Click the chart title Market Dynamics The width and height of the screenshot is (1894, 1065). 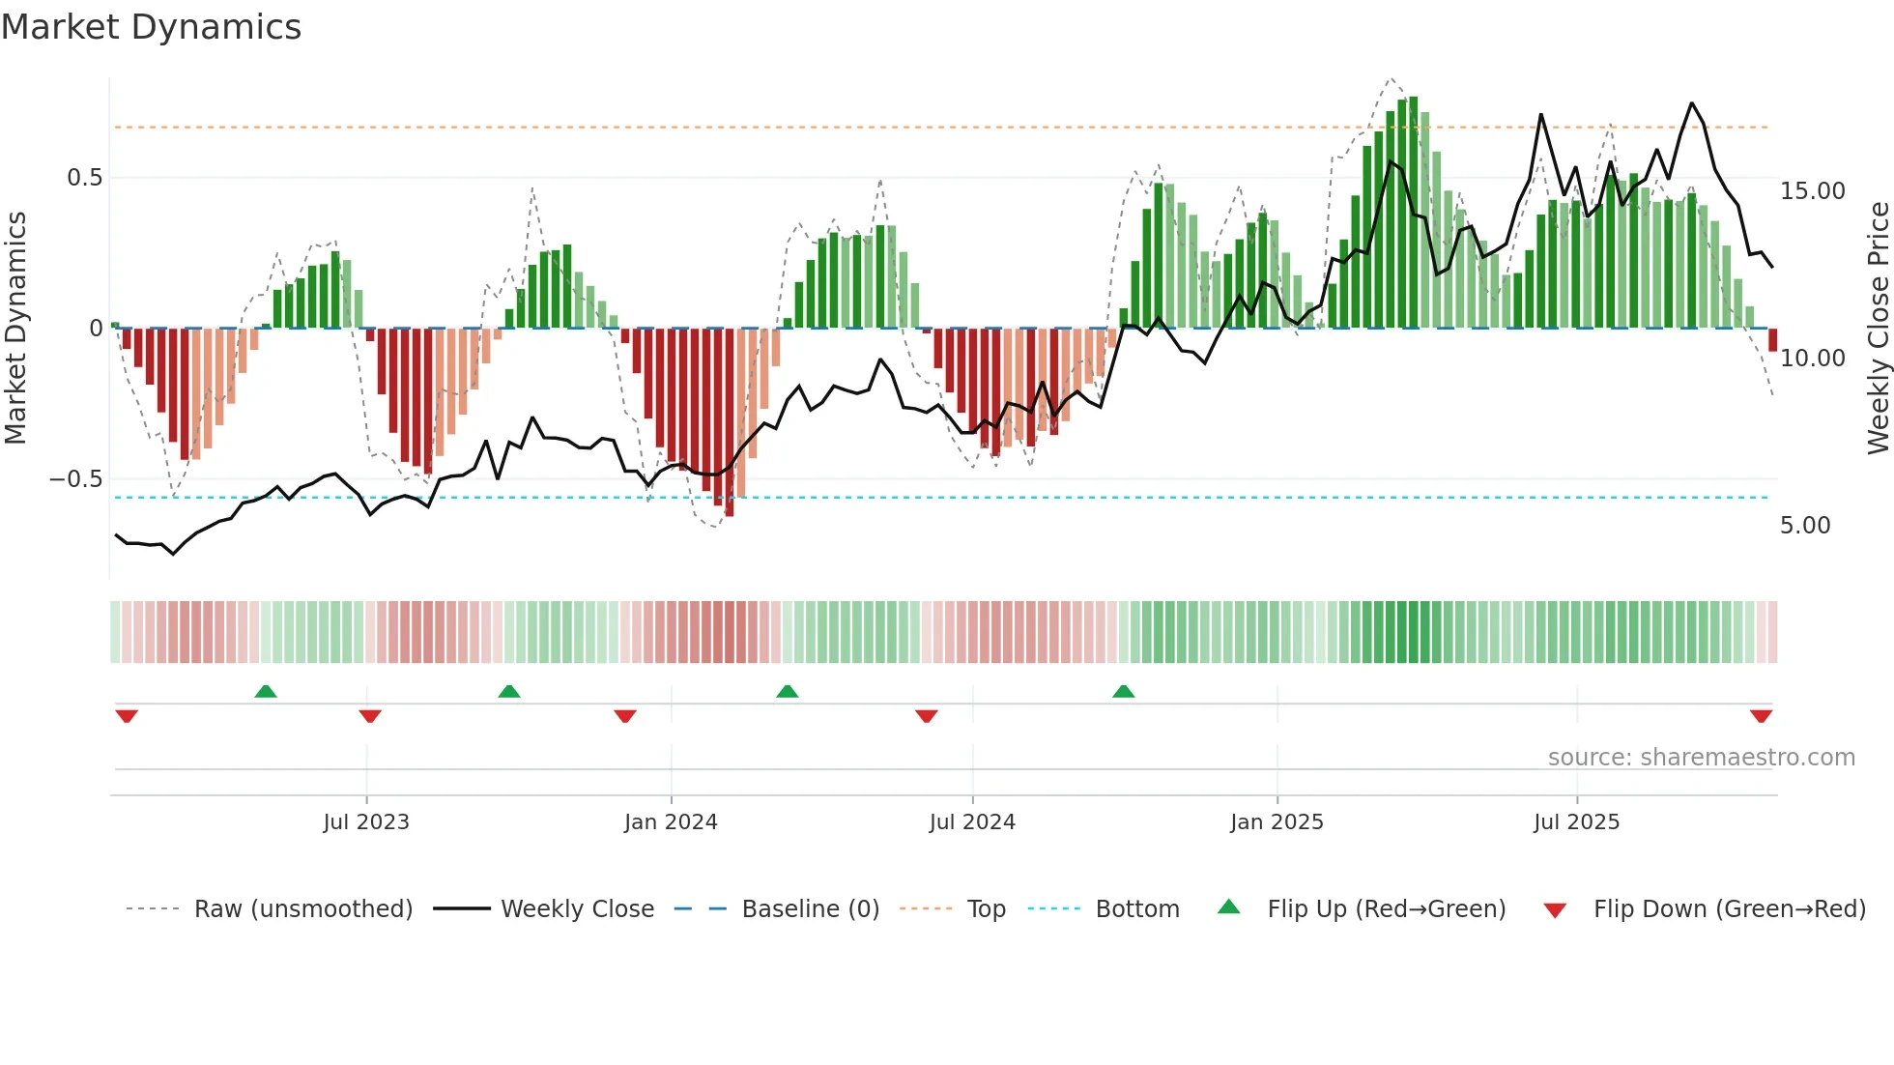pos(151,27)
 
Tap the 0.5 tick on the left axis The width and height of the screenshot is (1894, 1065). pos(85,178)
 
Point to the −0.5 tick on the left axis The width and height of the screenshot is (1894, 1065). pos(76,479)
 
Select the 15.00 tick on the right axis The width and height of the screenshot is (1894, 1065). pos(1812,191)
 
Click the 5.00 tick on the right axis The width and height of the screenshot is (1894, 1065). pos(1805,526)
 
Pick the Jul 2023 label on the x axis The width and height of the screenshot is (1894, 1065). pos(366,822)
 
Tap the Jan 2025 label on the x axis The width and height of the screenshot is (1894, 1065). pos(1277,822)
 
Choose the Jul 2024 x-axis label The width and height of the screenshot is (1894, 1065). pos(972,822)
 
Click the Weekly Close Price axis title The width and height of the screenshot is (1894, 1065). pos(1878,329)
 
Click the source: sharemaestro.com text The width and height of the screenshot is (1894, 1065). pos(1701,758)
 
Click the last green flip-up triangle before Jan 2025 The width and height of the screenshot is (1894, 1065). pos(1123,692)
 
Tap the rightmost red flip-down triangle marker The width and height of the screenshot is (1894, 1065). pos(1761,716)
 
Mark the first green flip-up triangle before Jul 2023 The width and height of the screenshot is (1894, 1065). pos(266,692)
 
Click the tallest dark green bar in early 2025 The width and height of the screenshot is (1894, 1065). pos(1414,213)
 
